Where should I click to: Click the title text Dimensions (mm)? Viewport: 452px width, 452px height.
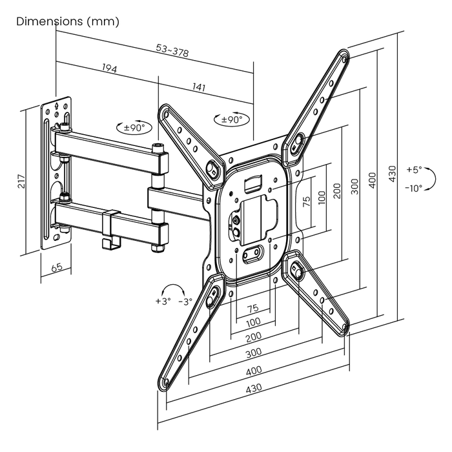point(68,21)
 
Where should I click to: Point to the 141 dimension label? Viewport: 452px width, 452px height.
point(198,88)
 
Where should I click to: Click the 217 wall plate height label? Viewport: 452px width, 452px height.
point(22,181)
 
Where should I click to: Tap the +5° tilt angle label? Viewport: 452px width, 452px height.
point(414,169)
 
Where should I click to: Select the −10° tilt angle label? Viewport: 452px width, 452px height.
point(414,189)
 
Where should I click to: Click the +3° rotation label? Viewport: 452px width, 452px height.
point(162,302)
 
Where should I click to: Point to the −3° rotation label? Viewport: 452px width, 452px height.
point(185,302)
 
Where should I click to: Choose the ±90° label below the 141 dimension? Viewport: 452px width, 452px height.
point(231,119)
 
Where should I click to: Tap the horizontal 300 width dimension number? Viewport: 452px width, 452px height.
point(254,353)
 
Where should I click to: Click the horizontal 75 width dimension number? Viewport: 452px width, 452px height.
point(253,308)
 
